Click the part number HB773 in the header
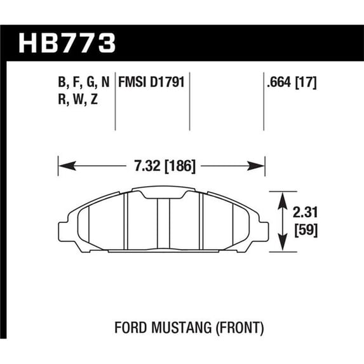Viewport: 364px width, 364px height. point(67,43)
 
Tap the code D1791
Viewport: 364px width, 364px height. point(167,82)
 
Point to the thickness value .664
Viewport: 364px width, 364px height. point(279,82)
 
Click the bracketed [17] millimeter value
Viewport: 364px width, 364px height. point(306,83)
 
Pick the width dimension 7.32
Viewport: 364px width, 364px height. point(147,166)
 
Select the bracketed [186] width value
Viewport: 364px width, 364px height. point(180,166)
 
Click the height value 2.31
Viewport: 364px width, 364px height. point(305,212)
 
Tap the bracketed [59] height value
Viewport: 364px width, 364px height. point(306,231)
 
